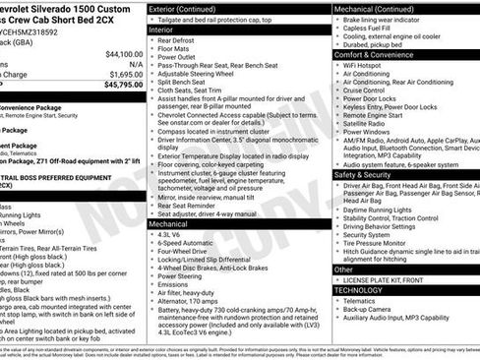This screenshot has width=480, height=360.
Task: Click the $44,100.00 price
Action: (117, 54)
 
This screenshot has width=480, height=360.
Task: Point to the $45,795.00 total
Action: (117, 86)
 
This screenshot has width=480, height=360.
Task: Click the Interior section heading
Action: (162, 30)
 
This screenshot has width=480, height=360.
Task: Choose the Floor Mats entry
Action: (177, 50)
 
